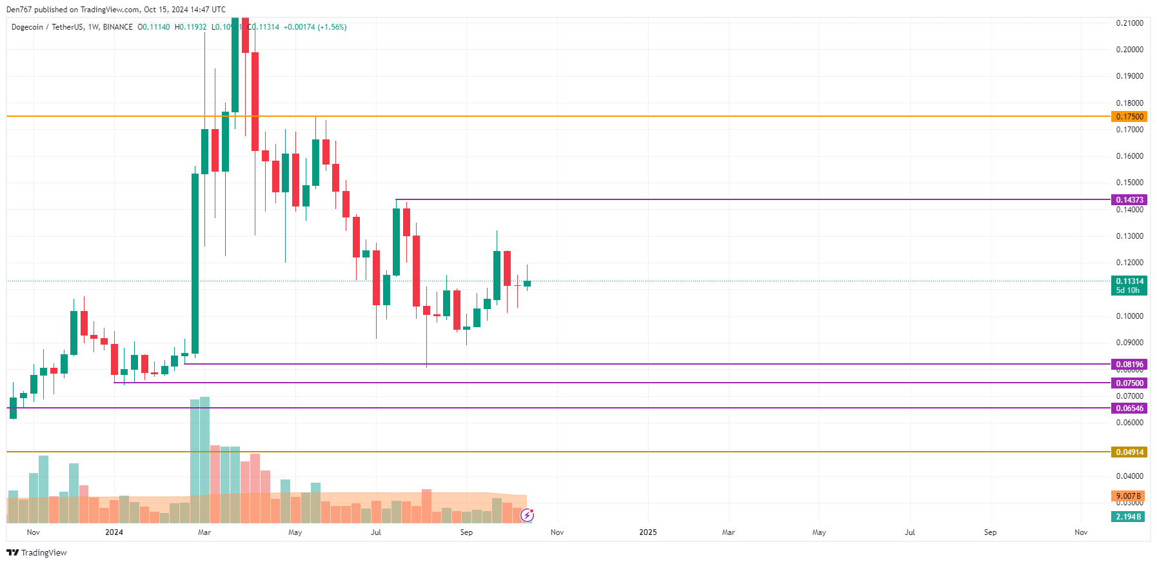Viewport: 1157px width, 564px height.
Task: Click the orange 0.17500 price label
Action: coord(1129,117)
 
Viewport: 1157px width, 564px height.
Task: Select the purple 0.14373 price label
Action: coord(1129,200)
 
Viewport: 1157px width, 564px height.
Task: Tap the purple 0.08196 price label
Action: coord(1129,365)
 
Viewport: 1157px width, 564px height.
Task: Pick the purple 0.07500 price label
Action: coord(1129,383)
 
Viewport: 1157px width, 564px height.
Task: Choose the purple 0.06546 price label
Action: coord(1129,408)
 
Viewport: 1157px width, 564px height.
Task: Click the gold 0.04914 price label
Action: coord(1129,452)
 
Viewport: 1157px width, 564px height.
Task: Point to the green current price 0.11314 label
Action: coord(1129,281)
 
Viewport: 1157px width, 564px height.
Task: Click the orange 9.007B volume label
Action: coord(1128,496)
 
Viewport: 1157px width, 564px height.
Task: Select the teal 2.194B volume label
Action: coord(1128,517)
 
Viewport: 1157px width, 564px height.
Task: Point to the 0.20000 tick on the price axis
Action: coord(1129,50)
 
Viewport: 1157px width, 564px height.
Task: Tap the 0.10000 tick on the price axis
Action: coord(1129,316)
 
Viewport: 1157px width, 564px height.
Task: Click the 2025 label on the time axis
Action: coord(648,532)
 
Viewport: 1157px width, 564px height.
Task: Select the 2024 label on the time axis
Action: coord(114,532)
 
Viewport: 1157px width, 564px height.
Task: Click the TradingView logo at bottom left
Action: coord(37,553)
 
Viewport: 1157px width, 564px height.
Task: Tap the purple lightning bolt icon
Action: coord(528,515)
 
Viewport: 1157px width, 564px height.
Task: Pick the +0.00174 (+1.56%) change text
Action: coord(315,27)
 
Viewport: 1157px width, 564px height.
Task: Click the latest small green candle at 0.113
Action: coord(527,283)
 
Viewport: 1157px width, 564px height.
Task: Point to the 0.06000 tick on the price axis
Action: coord(1129,423)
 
